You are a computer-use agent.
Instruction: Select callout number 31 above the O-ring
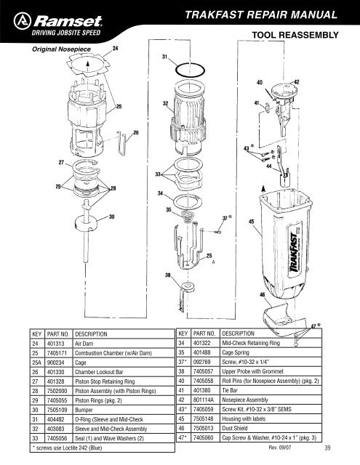coord(165,57)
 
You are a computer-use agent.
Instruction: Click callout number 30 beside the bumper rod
coord(111,216)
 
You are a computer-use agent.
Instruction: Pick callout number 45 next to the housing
coord(251,221)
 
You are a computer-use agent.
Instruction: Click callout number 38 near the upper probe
coord(167,275)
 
